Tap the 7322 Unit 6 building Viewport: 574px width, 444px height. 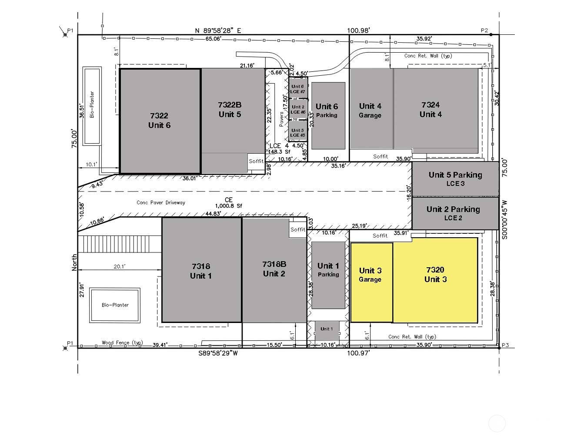(160, 121)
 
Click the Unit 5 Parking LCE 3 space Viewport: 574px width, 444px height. (455, 178)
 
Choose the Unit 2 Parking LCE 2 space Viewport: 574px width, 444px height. (455, 213)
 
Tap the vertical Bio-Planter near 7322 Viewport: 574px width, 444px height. (92, 105)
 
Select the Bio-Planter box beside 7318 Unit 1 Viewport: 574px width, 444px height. (115, 305)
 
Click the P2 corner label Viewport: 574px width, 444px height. (484, 30)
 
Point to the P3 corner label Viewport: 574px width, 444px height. (505, 345)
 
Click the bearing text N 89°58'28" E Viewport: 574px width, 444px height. (218, 30)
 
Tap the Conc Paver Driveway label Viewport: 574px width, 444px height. (161, 202)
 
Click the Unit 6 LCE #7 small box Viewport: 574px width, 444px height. (298, 89)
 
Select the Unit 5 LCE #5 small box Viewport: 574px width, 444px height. (298, 132)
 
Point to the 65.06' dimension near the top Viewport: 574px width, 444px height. (214, 39)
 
